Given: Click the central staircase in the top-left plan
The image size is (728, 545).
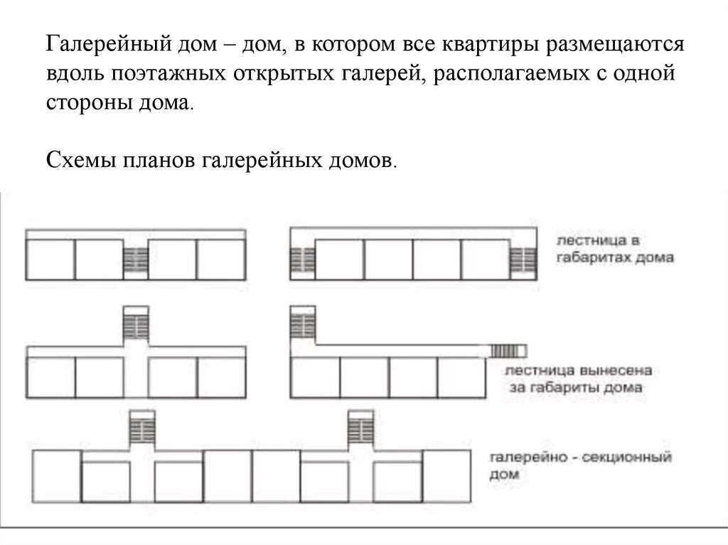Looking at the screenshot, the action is pyautogui.click(x=135, y=261).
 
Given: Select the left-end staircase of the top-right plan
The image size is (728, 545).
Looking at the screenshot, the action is pyautogui.click(x=301, y=261).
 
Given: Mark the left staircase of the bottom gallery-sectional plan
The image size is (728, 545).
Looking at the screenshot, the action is pyautogui.click(x=142, y=428).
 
